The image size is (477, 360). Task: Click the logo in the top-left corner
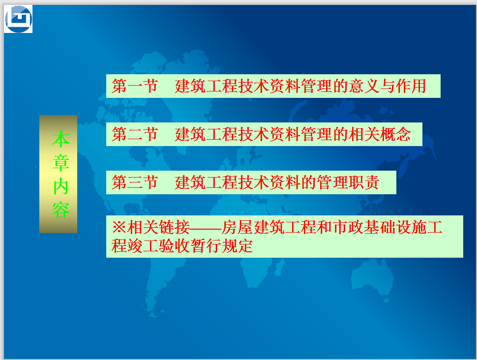coord(18,19)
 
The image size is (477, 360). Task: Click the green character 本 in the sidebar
coord(61,139)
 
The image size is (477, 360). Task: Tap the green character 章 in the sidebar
coord(61,163)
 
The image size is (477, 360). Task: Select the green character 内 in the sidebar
coord(61,186)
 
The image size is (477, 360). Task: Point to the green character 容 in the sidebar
coord(61,210)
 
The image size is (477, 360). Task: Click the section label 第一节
coord(135,86)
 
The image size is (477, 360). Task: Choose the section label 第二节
coord(135,134)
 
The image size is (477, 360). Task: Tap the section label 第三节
coord(135,182)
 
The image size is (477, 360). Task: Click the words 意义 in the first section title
coord(363,86)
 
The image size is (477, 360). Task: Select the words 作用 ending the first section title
coord(411,86)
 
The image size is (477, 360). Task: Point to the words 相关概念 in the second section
coord(380,134)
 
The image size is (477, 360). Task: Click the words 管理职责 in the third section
coord(348,182)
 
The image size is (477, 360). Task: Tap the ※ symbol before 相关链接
coord(119,227)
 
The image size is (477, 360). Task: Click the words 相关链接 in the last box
coord(158,227)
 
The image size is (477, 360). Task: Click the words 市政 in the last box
coord(348,227)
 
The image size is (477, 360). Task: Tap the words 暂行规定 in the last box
coord(221,246)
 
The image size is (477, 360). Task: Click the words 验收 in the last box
coord(174,246)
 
